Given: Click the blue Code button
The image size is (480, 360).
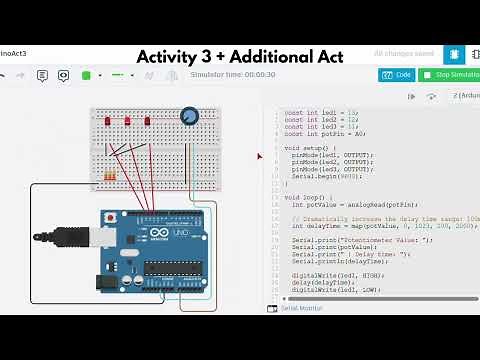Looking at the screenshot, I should coord(397,75).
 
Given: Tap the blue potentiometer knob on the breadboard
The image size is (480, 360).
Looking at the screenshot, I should coord(189,119).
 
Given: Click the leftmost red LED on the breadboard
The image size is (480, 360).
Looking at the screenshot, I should coord(110,121).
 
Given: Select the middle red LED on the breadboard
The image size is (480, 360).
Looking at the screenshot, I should coord(128,121).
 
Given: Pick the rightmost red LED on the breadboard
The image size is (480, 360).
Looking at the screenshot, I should coord(147,121).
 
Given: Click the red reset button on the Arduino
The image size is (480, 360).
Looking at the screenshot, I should coord(109,217).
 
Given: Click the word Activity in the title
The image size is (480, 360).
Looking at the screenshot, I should coord(171,56).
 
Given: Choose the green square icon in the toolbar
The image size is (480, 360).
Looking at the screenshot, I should coord(86,75).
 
